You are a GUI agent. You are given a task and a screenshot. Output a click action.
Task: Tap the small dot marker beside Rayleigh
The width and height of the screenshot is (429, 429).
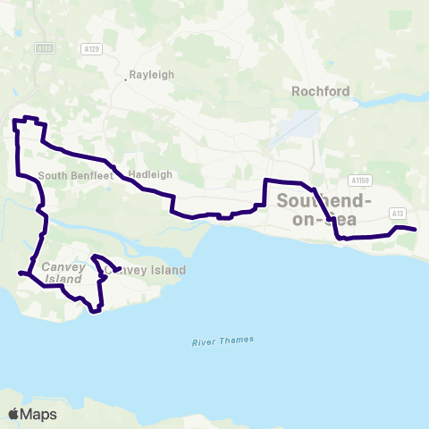click(x=125, y=80)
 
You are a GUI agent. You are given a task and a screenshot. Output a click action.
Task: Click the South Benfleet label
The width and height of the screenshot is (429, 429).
click(x=69, y=174)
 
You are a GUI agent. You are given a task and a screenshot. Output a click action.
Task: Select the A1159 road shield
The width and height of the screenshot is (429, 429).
click(x=360, y=179)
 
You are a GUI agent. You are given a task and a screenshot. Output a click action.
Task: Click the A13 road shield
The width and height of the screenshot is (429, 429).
click(x=398, y=213)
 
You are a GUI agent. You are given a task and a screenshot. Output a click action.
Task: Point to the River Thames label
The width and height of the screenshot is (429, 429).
click(x=223, y=341)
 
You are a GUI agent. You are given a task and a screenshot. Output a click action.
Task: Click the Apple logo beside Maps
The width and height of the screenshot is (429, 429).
click(x=13, y=414)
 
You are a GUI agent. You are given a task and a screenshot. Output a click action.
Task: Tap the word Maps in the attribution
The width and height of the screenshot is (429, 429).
click(x=39, y=414)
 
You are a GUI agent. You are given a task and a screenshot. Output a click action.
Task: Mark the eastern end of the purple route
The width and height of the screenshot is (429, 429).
click(x=416, y=231)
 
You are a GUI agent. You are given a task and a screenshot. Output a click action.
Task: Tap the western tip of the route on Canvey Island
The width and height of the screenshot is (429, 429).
click(x=20, y=273)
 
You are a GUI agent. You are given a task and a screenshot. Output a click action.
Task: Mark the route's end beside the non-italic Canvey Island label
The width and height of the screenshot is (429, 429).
click(x=120, y=267)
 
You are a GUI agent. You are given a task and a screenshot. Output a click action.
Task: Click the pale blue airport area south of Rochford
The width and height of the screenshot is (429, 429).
click(x=305, y=123)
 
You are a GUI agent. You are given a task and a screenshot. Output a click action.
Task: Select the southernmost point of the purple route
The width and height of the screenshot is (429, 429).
click(x=94, y=312)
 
